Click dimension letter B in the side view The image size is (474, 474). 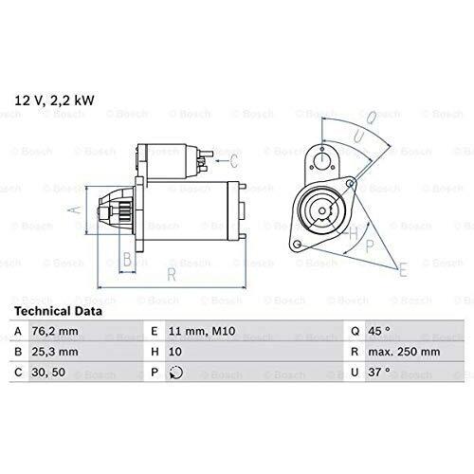click(x=126, y=257)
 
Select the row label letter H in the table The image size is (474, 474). click(x=155, y=353)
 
